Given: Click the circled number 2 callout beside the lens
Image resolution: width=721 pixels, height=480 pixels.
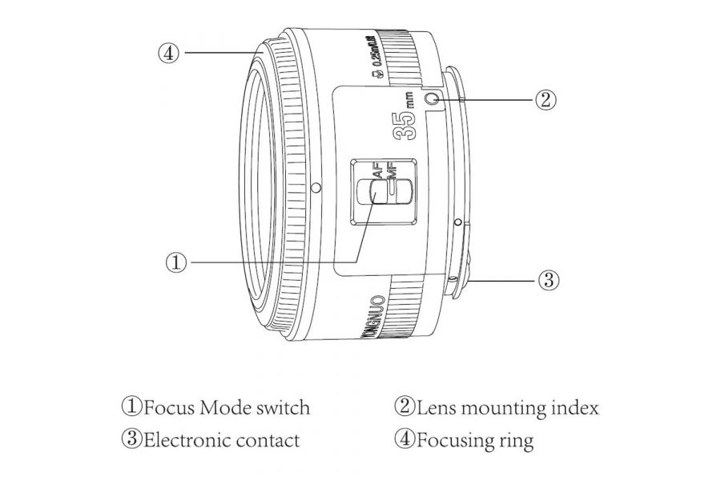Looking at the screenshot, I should point(544,99).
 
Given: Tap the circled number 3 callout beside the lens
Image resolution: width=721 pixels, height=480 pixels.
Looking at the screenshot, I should point(547,280).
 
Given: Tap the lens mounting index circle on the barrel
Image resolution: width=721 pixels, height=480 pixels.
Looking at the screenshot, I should point(433,99).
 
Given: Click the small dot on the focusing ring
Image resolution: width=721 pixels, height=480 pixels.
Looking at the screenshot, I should point(316,188).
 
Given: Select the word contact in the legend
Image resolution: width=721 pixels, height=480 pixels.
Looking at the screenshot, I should point(269,440).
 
